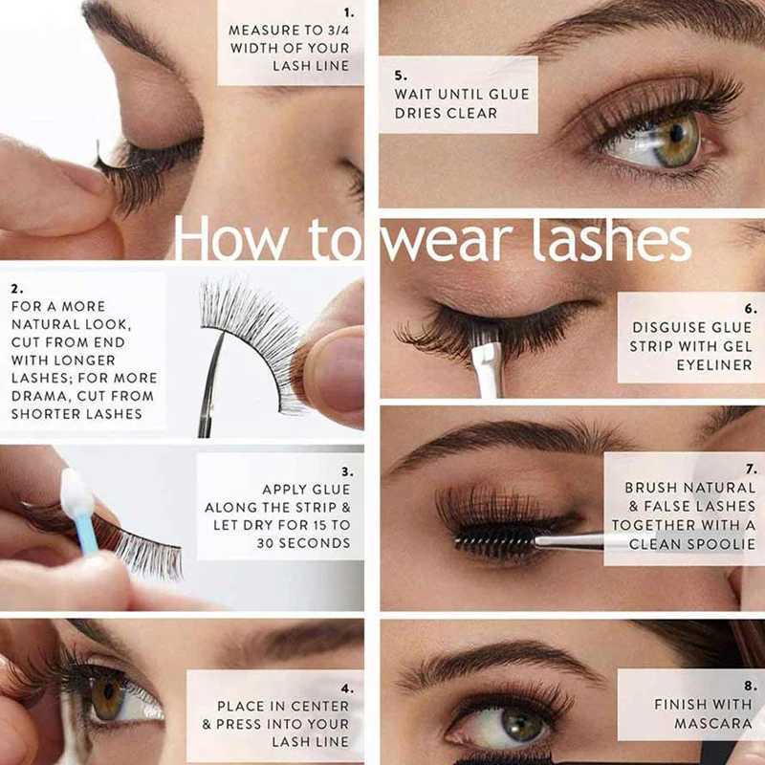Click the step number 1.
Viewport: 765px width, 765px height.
[348, 12]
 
